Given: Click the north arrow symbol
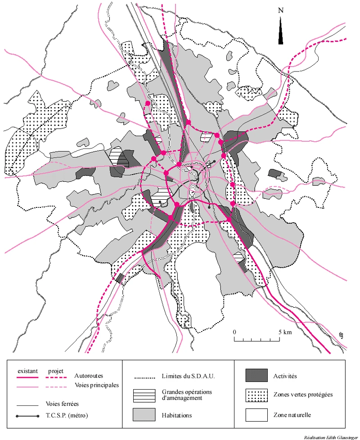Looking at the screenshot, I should coord(281,31).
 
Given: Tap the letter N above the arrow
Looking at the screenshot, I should coord(281,10).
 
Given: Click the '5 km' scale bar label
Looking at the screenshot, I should coord(285,332).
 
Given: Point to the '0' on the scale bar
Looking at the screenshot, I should coord(234,332).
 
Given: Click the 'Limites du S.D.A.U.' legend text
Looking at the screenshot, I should coord(185,376).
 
